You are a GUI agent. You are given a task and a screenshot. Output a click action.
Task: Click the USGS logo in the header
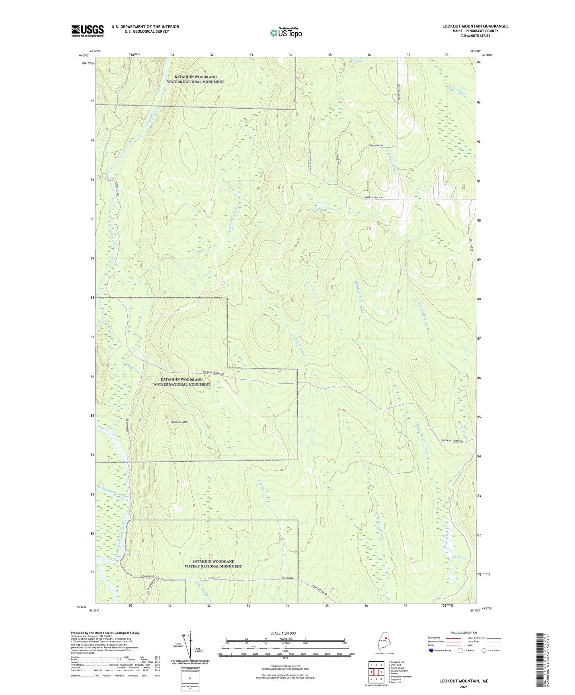[x=87, y=31]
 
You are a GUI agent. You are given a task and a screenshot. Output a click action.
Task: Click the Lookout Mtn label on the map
[x=179, y=421]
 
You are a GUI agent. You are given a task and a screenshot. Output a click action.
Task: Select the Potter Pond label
[x=318, y=209]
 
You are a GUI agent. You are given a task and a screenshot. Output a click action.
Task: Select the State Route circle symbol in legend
[x=483, y=650]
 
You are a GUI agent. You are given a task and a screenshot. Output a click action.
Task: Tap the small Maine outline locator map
[x=382, y=642]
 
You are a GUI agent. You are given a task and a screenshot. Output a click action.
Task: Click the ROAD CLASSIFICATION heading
[x=463, y=633]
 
